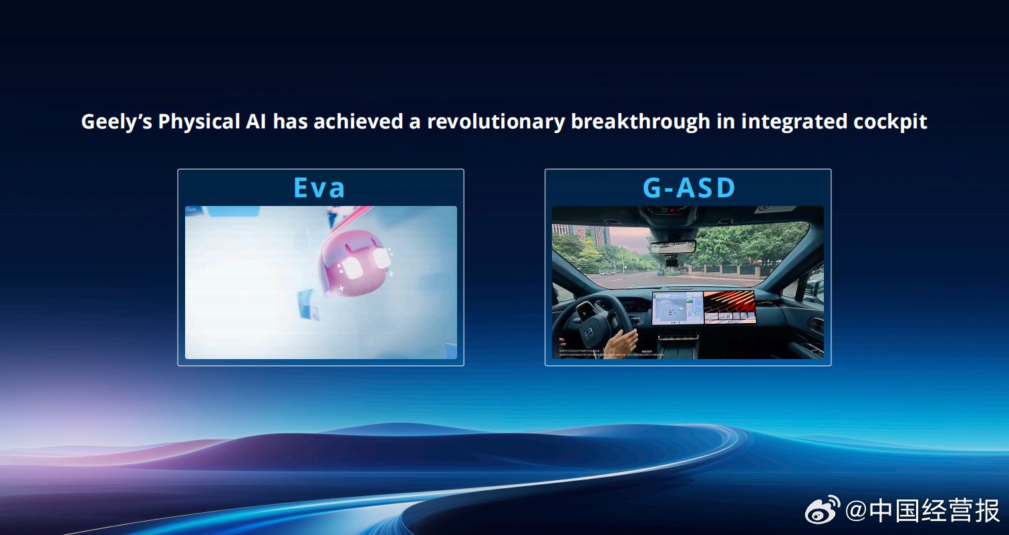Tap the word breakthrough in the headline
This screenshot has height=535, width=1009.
[x=641, y=122]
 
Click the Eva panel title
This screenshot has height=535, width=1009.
[x=319, y=188]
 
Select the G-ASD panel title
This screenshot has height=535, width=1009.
[x=688, y=188]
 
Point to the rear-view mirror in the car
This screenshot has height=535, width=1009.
[x=672, y=248]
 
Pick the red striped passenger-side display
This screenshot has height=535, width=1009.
[x=729, y=308]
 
